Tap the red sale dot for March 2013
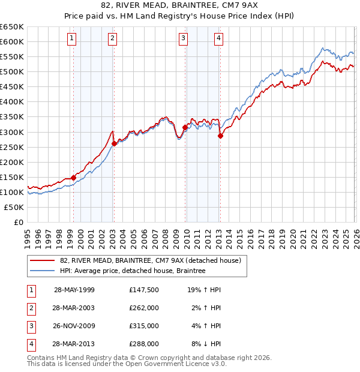[220, 136]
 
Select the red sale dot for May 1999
[74, 178]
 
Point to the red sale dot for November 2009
[185, 127]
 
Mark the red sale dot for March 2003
[114, 143]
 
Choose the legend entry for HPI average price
[133, 271]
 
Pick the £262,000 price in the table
[143, 308]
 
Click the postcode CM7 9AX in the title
[236, 7]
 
